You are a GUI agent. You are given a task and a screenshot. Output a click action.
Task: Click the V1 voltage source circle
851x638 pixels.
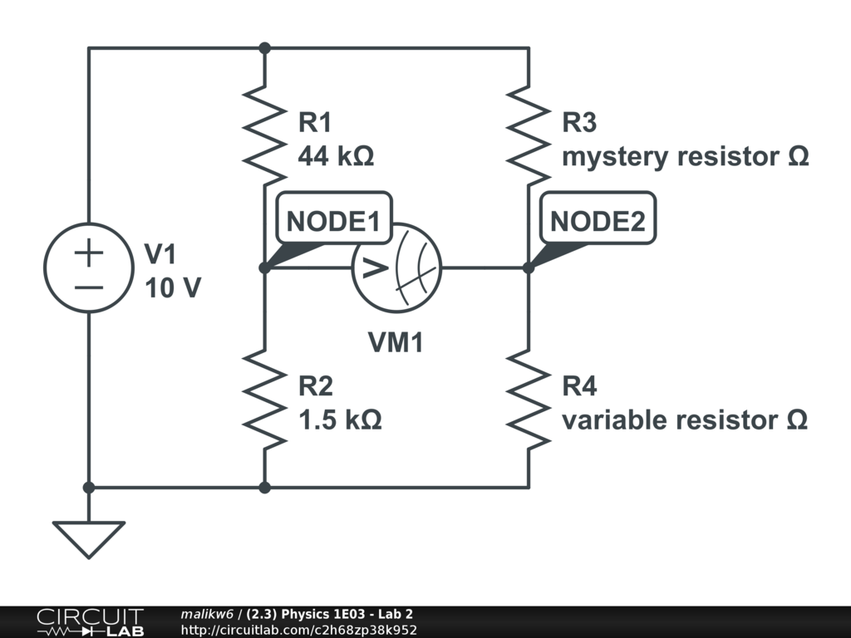pyautogui.click(x=88, y=267)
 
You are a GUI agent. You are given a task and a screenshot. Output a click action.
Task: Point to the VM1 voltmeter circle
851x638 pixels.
pyautogui.click(x=396, y=267)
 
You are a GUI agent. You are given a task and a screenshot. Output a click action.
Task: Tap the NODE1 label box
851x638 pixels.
pyautogui.click(x=333, y=221)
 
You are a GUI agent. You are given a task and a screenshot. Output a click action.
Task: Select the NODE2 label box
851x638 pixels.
pyautogui.click(x=598, y=221)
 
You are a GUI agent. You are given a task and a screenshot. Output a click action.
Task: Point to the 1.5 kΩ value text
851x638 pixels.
pyautogui.click(x=340, y=420)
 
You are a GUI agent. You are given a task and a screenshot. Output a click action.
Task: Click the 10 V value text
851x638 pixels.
pyautogui.click(x=172, y=288)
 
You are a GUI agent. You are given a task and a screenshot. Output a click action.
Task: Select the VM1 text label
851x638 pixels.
pyautogui.click(x=396, y=341)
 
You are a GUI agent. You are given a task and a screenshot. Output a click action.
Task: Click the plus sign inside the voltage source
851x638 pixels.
pyautogui.click(x=88, y=252)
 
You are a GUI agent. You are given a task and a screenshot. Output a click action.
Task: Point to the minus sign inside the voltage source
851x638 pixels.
pyautogui.click(x=88, y=287)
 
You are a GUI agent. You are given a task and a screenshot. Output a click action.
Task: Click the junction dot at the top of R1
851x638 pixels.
pyautogui.click(x=264, y=48)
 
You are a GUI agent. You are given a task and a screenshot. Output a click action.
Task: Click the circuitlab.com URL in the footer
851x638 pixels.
pyautogui.click(x=298, y=630)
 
